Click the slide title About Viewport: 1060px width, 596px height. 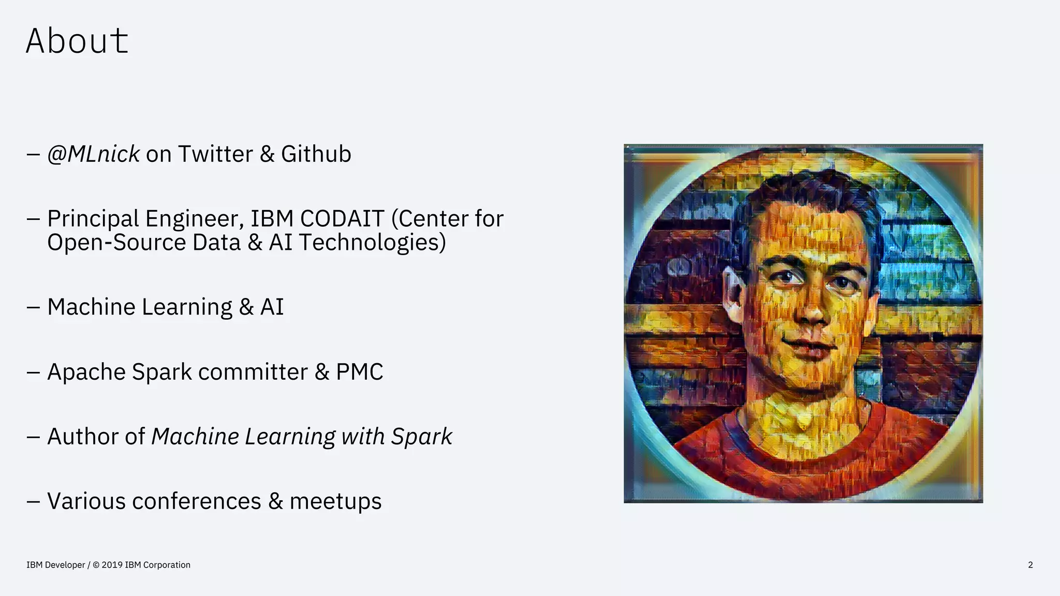77,41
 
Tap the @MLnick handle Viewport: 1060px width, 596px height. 93,154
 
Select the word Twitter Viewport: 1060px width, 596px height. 215,154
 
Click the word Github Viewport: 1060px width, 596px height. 316,154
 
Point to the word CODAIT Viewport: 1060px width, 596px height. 342,219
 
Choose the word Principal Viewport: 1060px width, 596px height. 93,219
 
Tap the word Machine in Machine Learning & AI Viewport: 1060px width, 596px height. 91,307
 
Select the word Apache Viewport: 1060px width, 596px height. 86,372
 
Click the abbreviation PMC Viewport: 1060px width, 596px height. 359,372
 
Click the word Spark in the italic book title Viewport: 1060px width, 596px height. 421,437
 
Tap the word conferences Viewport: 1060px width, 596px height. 197,501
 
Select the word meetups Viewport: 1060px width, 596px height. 335,501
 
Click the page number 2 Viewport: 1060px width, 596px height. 1030,565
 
